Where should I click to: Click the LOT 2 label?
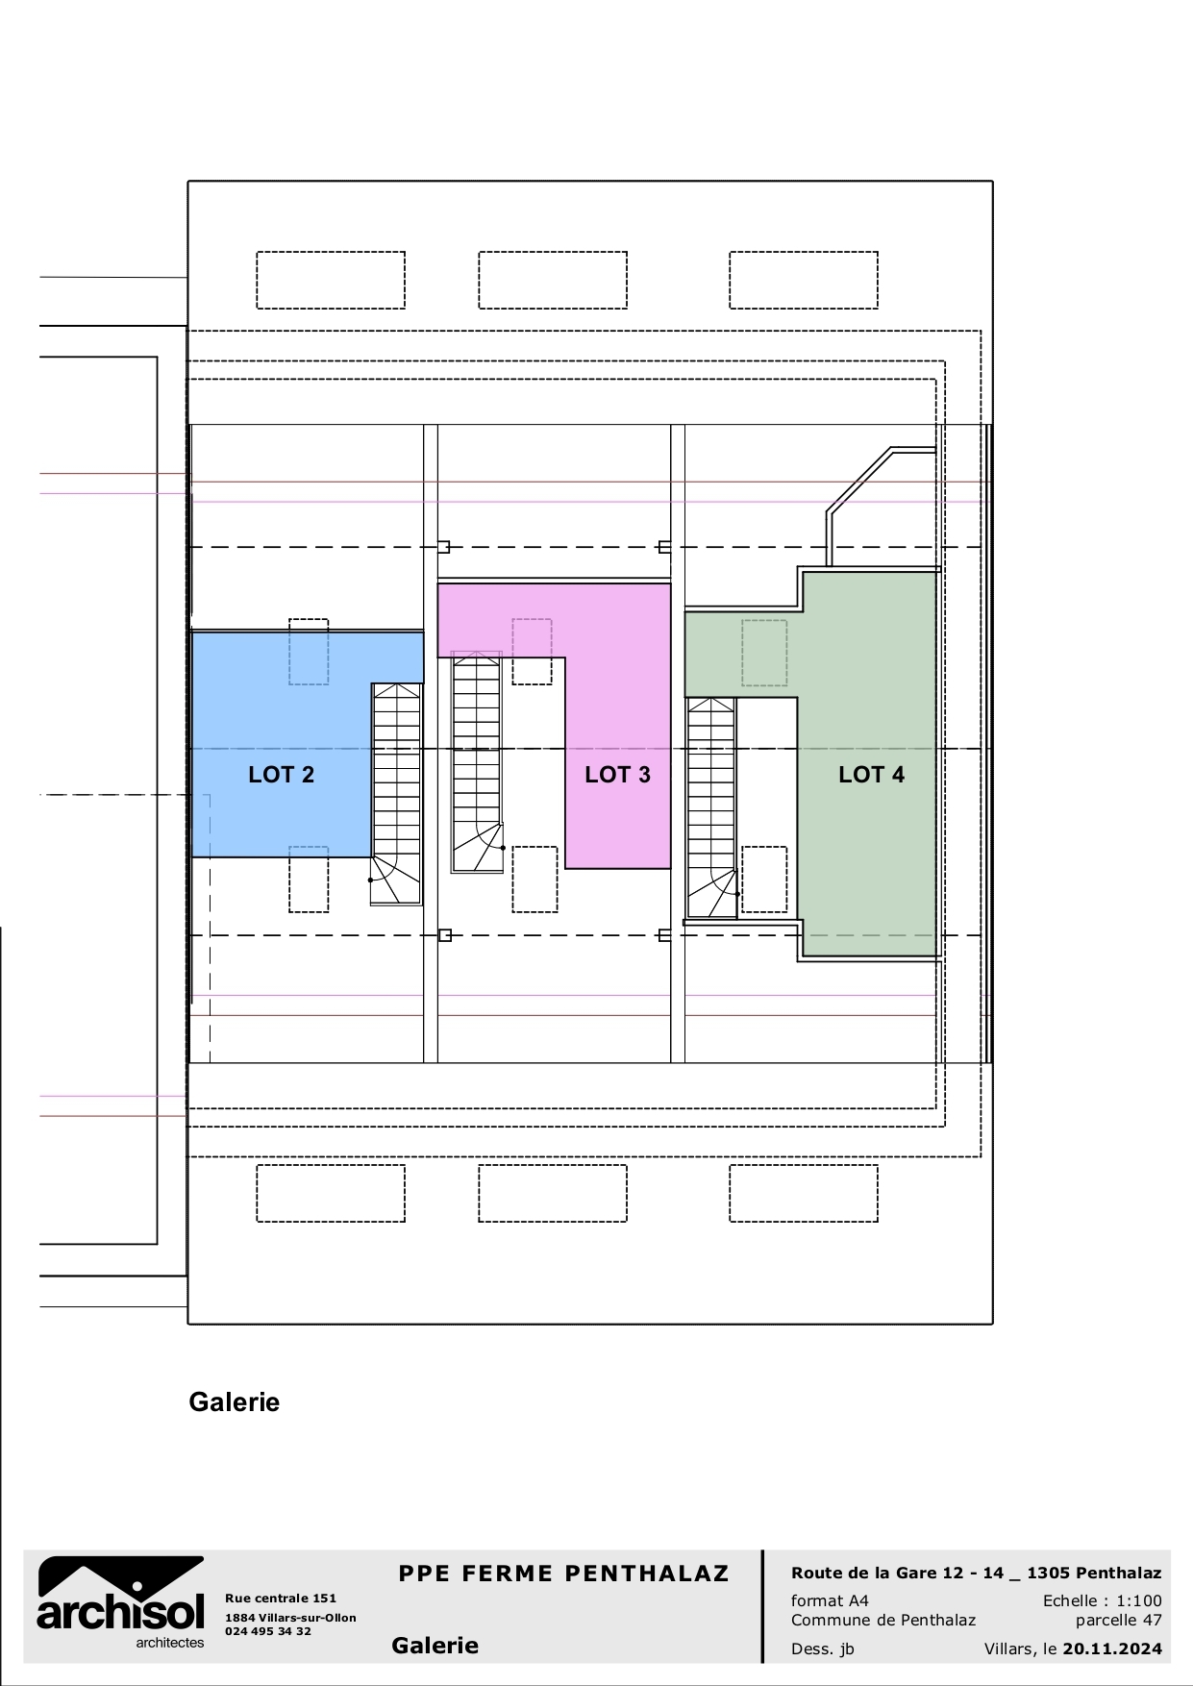281,775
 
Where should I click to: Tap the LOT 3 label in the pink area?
617,775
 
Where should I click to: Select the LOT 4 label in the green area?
871,775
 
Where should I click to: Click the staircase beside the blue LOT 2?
396,793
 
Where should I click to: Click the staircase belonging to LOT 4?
711,807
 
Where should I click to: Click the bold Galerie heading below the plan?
234,1401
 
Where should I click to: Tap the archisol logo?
121,1600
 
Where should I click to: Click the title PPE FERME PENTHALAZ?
563,1574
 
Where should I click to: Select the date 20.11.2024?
1111,1649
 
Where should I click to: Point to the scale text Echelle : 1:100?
1102,1600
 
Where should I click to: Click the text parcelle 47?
1118,1620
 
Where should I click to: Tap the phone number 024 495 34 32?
268,1631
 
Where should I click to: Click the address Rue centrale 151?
281,1599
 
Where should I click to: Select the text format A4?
830,1600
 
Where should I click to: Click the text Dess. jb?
822,1649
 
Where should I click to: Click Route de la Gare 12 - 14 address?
976,1574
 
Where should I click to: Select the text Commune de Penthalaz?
882,1620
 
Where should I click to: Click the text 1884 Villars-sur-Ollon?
290,1618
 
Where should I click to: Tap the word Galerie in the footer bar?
435,1646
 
